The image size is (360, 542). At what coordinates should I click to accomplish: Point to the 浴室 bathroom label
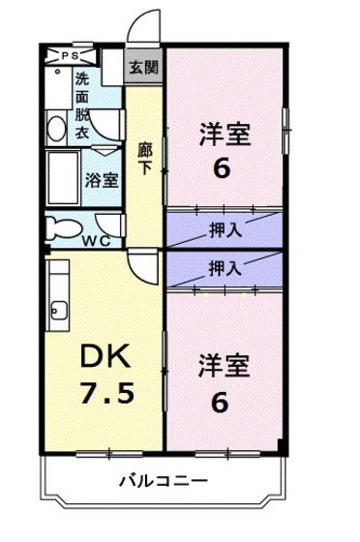click(101, 179)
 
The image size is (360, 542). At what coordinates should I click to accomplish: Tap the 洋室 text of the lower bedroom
click(225, 367)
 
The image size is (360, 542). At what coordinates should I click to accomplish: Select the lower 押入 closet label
click(225, 267)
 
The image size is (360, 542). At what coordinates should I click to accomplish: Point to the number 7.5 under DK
click(103, 398)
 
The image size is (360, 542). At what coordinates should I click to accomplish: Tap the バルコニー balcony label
click(163, 479)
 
